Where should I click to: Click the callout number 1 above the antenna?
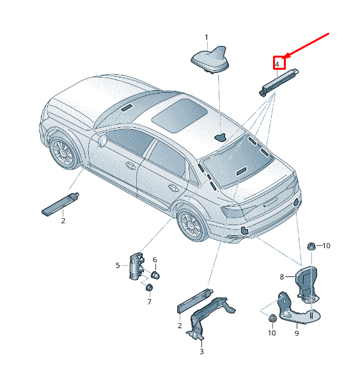click(206, 37)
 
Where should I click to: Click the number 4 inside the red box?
click(277, 64)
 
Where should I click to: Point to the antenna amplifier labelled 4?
click(278, 82)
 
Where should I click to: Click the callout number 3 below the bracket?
click(201, 351)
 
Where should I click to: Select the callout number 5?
click(118, 266)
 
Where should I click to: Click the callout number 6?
click(155, 260)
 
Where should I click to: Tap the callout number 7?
click(149, 301)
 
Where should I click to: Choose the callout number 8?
click(282, 276)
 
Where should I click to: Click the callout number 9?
click(297, 333)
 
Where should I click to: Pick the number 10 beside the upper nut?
click(326, 246)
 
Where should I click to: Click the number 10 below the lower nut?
click(272, 333)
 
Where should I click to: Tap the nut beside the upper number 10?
click(311, 246)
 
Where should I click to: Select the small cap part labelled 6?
click(155, 275)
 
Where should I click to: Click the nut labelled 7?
click(149, 288)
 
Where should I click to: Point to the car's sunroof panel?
click(179, 116)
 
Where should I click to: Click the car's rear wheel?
click(191, 225)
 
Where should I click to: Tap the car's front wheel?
click(63, 152)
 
